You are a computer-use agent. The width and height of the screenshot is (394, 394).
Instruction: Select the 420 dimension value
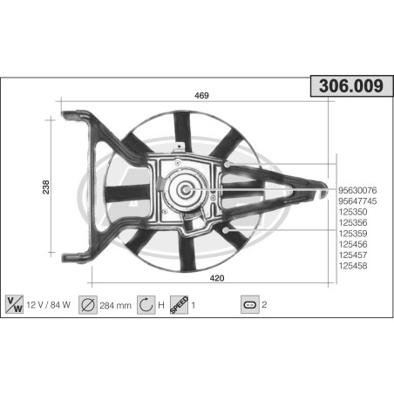pyautogui.click(x=217, y=278)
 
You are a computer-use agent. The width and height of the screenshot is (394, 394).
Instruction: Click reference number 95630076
pyautogui.click(x=357, y=190)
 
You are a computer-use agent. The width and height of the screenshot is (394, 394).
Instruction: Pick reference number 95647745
pyautogui.click(x=357, y=200)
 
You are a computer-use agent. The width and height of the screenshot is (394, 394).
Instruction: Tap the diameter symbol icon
pyautogui.click(x=88, y=305)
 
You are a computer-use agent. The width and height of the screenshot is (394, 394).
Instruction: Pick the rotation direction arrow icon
pyautogui.click(x=146, y=305)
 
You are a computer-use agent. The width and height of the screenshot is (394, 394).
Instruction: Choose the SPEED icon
pyautogui.click(x=179, y=304)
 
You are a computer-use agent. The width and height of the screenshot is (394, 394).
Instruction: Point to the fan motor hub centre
pyautogui.click(x=186, y=188)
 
